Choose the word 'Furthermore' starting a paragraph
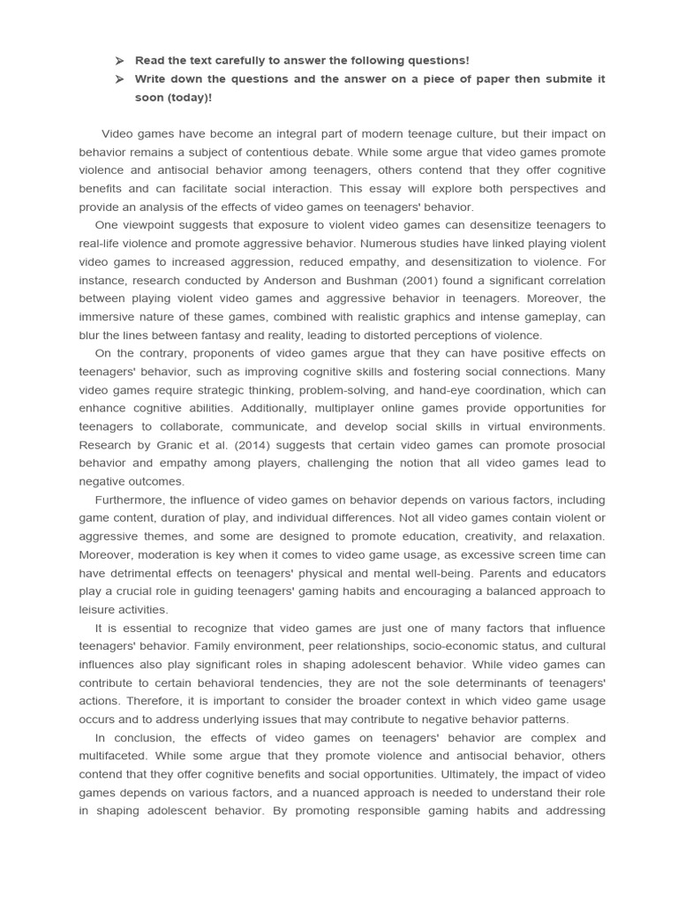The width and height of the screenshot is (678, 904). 126,500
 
